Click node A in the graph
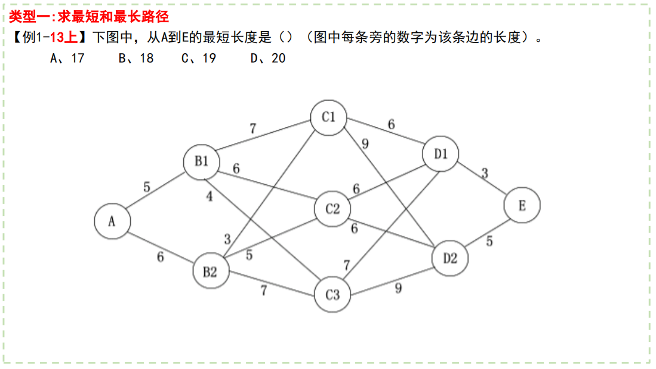(112, 221)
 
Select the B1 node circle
(201, 161)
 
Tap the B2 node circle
(210, 272)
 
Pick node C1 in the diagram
(329, 117)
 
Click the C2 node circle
(332, 209)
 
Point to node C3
(332, 294)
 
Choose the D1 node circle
(441, 154)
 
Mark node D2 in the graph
(450, 258)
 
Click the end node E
(522, 205)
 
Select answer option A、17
(67, 58)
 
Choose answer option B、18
(136, 58)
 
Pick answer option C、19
(199, 58)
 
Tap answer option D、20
(268, 58)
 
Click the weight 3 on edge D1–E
(485, 173)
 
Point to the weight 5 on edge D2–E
(489, 242)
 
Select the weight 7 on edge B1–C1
(252, 128)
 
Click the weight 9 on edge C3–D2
(398, 288)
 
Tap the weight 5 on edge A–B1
(147, 187)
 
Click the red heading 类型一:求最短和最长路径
(89, 17)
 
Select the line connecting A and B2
(160, 246)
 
